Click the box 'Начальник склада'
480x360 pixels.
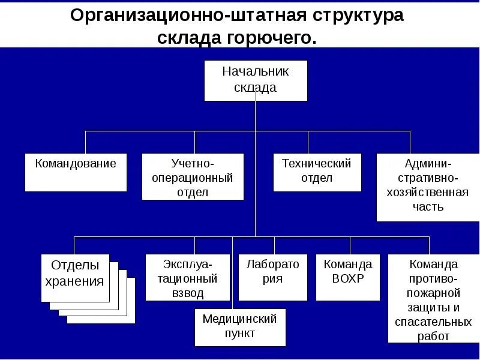(256, 80)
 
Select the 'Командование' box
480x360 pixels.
(76, 172)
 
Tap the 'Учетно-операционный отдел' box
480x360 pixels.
(193, 176)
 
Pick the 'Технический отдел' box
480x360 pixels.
(317, 172)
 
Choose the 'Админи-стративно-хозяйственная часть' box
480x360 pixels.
(428, 187)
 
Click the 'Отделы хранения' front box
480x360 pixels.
(76, 277)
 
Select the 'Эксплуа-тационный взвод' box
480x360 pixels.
(187, 277)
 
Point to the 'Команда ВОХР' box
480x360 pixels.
(347, 277)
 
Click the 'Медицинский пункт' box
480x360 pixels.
(239, 327)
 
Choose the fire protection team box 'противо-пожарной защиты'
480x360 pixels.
(433, 298)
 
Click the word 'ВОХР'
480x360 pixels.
(347, 278)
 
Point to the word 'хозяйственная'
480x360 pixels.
(428, 193)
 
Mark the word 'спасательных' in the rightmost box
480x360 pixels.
(433, 322)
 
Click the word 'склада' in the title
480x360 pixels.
(190, 38)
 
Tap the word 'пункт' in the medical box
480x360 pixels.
(239, 333)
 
